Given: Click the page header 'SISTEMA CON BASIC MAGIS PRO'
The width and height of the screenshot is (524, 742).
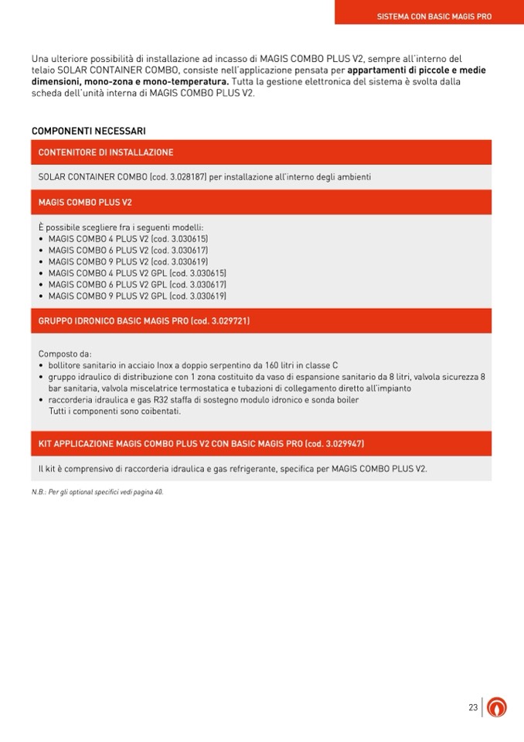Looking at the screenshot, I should (434, 15).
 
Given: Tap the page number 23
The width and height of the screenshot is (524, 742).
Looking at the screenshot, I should (472, 707).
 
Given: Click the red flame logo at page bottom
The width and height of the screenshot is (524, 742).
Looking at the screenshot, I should (497, 707).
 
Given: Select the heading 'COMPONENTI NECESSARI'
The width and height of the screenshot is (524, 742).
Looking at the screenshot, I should (88, 131).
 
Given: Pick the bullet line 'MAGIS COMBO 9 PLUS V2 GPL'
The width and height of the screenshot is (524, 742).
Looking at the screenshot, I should (137, 296).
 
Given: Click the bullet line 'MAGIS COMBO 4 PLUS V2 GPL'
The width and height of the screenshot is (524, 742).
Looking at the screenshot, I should (137, 273).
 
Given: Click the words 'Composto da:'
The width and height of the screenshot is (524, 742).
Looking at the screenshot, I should (65, 354).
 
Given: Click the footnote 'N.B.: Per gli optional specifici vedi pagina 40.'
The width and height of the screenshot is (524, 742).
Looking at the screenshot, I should (97, 491).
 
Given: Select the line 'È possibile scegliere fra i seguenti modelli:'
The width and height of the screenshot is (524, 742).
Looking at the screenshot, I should (121, 227).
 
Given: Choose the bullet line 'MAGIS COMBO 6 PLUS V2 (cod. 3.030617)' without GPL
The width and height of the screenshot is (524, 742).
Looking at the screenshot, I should (128, 250).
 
